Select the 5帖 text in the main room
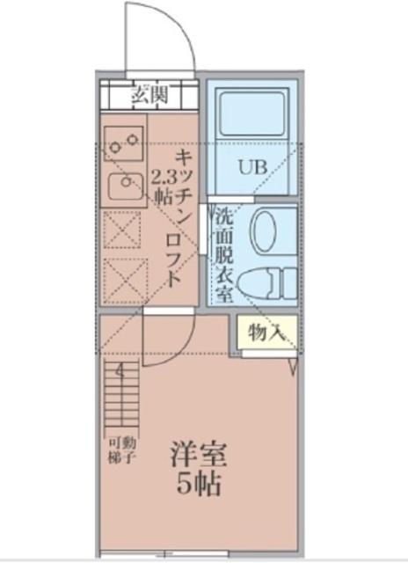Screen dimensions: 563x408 point(198,483)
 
